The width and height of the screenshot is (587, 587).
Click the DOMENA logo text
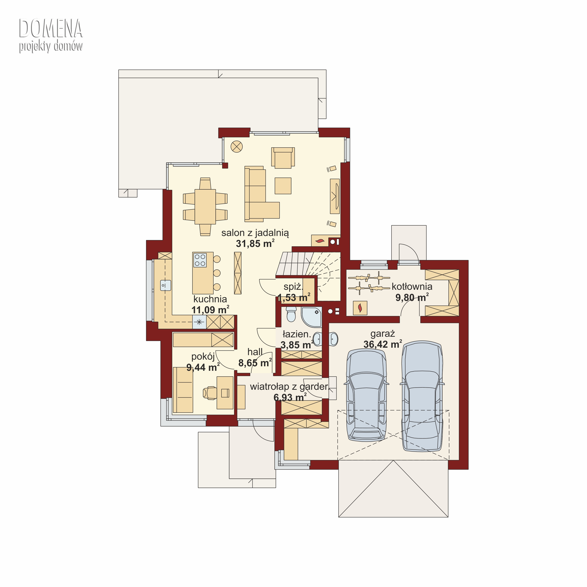[51, 29]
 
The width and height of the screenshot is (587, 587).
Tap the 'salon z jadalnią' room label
[255, 233]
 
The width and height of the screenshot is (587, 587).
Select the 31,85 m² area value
[255, 244]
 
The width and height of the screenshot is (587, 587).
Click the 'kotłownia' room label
[412, 286]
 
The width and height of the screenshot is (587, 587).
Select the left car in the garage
[367, 395]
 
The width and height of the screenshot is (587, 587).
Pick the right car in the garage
[422, 396]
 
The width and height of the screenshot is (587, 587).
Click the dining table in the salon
[205, 207]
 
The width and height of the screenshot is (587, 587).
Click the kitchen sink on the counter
[166, 285]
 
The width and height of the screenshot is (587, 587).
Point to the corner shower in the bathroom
[311, 317]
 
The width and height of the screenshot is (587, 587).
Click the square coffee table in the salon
[283, 186]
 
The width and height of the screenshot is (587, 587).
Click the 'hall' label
[255, 352]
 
